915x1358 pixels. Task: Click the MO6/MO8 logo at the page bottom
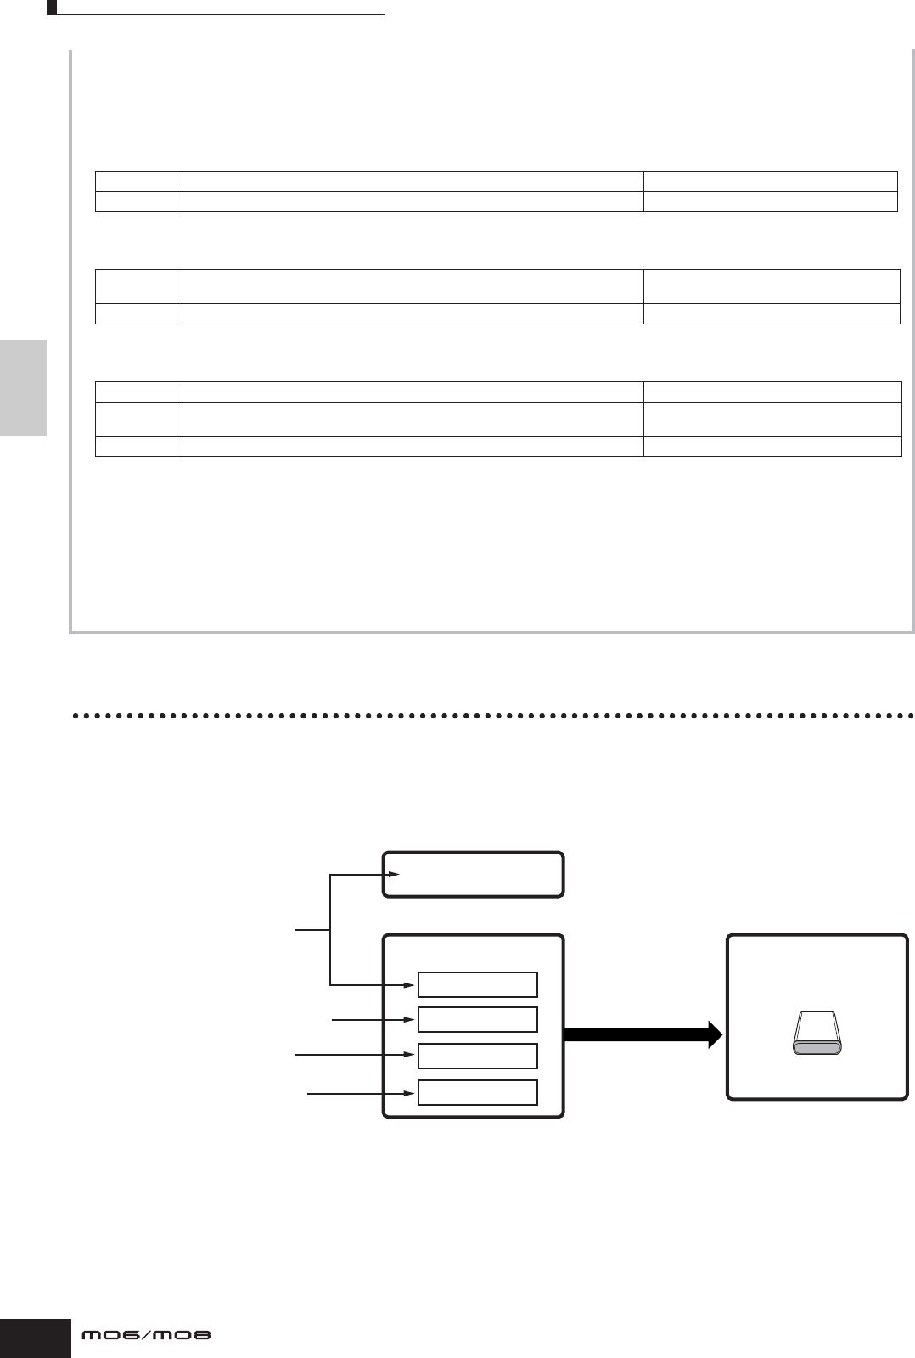coord(145,1335)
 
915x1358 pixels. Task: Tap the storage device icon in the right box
coord(817,1034)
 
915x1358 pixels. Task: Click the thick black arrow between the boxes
coord(643,1034)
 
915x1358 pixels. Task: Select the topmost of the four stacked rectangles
coord(477,984)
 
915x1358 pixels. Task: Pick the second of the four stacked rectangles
coord(477,1019)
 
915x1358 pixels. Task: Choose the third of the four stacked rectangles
coord(477,1056)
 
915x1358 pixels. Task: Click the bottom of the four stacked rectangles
coord(477,1092)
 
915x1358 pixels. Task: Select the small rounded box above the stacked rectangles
coord(474,875)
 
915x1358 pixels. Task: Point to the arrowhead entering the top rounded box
coord(394,874)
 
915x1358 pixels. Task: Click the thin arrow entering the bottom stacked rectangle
coord(361,1093)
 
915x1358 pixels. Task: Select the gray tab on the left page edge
coord(23,387)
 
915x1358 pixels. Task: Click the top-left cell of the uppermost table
coord(136,180)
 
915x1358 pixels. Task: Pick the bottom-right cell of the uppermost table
coord(770,201)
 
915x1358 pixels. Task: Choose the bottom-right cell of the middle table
coord(771,313)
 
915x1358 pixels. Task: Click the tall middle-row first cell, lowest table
coord(136,419)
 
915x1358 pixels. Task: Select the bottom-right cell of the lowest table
coord(772,446)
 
